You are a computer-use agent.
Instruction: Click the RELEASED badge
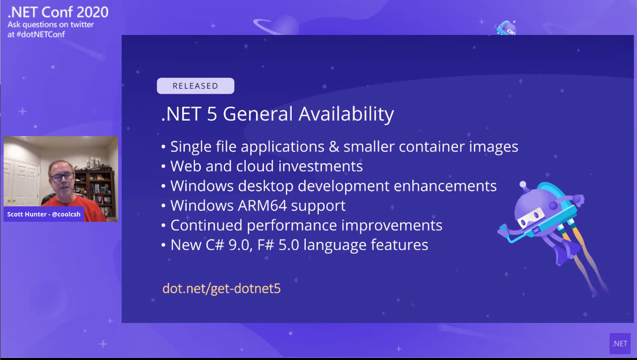(x=196, y=86)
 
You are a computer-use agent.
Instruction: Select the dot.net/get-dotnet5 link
(x=221, y=288)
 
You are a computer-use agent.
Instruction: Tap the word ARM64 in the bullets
(x=262, y=206)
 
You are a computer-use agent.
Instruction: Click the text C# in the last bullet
(x=215, y=245)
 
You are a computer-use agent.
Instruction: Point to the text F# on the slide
(x=265, y=245)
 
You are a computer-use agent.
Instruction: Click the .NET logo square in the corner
(x=620, y=344)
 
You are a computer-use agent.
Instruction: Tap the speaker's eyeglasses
(x=62, y=178)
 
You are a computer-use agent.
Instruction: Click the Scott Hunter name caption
(x=44, y=214)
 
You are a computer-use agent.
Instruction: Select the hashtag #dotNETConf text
(x=41, y=34)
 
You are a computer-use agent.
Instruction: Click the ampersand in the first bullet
(x=334, y=147)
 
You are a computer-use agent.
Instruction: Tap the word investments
(x=320, y=167)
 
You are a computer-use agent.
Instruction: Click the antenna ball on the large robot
(x=523, y=184)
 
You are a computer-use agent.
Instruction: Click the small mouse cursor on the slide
(x=412, y=304)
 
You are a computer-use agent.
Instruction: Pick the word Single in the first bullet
(x=191, y=147)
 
